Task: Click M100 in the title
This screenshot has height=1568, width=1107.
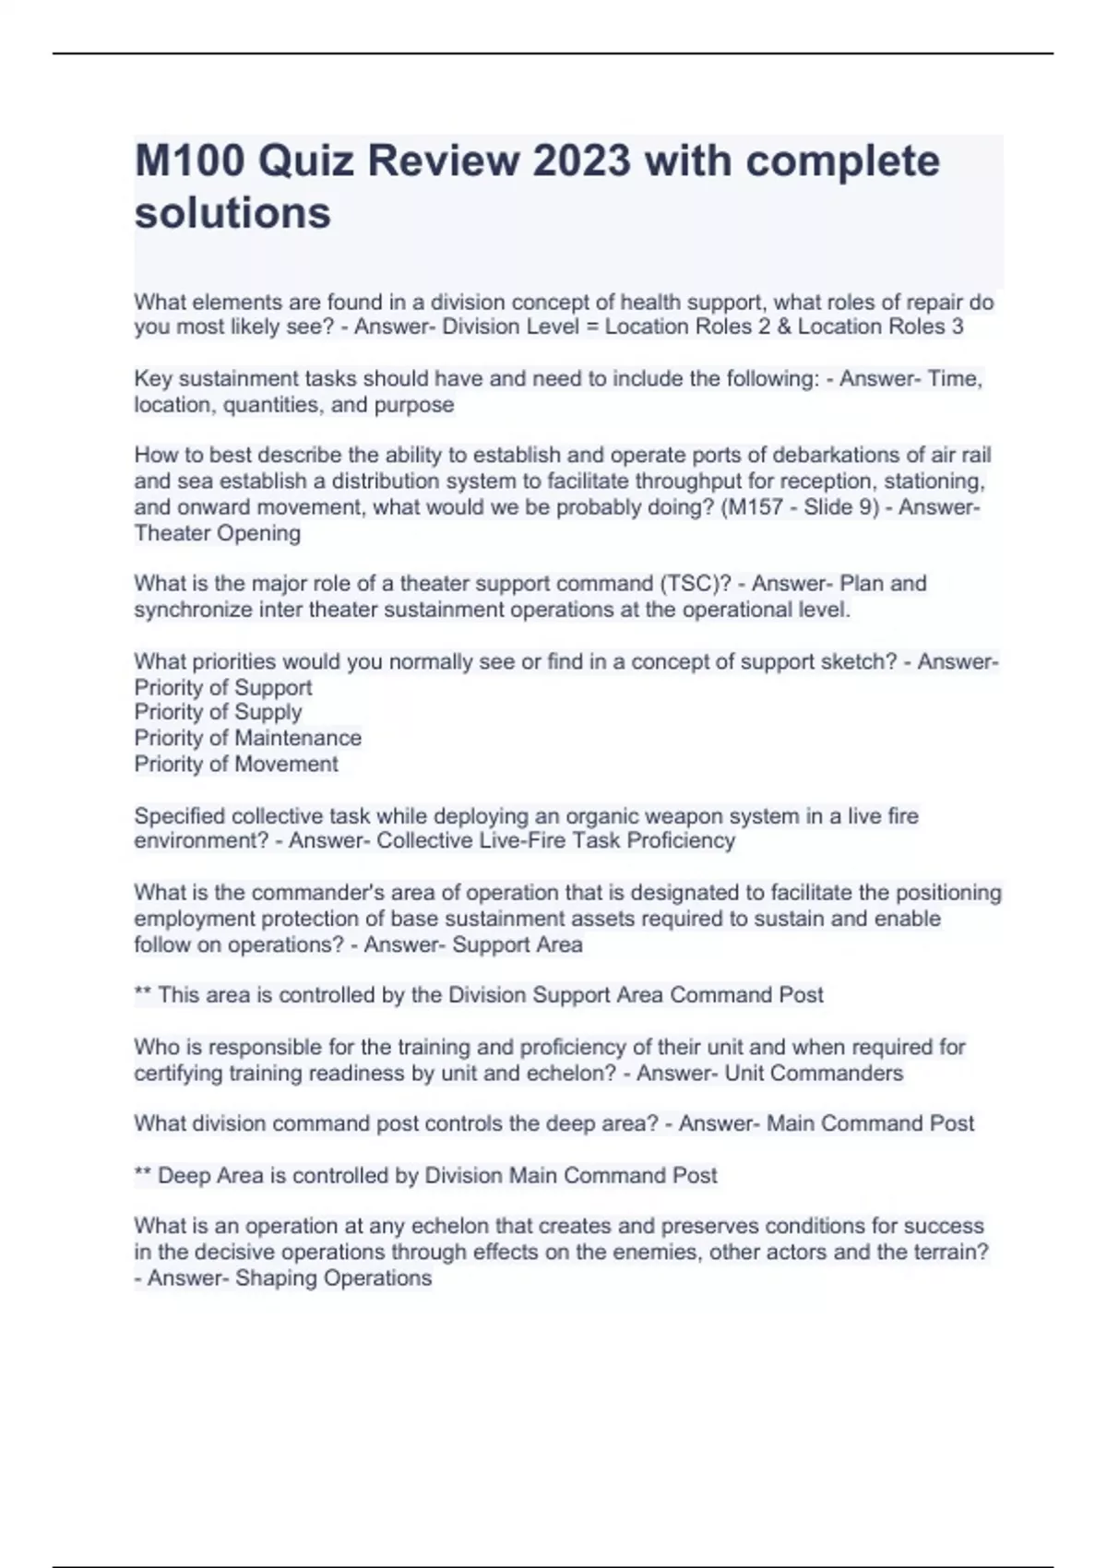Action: pos(189,161)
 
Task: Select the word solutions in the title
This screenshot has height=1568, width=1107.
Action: pos(232,213)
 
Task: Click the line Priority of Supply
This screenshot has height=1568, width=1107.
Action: pos(218,712)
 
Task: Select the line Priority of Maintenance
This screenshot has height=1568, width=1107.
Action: pos(247,738)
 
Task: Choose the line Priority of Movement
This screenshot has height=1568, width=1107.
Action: pos(236,764)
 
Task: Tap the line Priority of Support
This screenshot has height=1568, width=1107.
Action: pos(222,687)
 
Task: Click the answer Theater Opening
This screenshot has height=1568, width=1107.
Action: pos(217,533)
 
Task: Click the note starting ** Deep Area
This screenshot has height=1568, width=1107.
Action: pos(425,1175)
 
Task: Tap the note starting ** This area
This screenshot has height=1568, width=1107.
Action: pos(478,995)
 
